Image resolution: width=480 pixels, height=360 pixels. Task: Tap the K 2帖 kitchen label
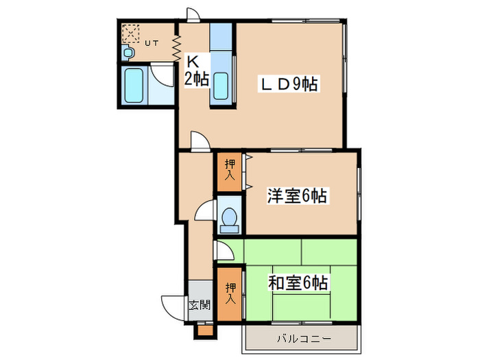coord(196,69)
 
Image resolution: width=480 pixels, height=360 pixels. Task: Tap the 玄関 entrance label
coord(200,304)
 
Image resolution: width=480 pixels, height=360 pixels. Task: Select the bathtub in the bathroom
coord(134,86)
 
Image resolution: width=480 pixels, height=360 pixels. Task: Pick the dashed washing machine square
coord(130,33)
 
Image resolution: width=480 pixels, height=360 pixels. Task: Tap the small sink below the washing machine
coord(128,52)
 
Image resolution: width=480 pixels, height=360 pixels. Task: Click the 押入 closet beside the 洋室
coord(229,172)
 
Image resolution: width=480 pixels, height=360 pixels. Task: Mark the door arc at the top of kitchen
coord(194,14)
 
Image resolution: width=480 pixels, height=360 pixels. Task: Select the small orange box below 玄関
coord(204,329)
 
